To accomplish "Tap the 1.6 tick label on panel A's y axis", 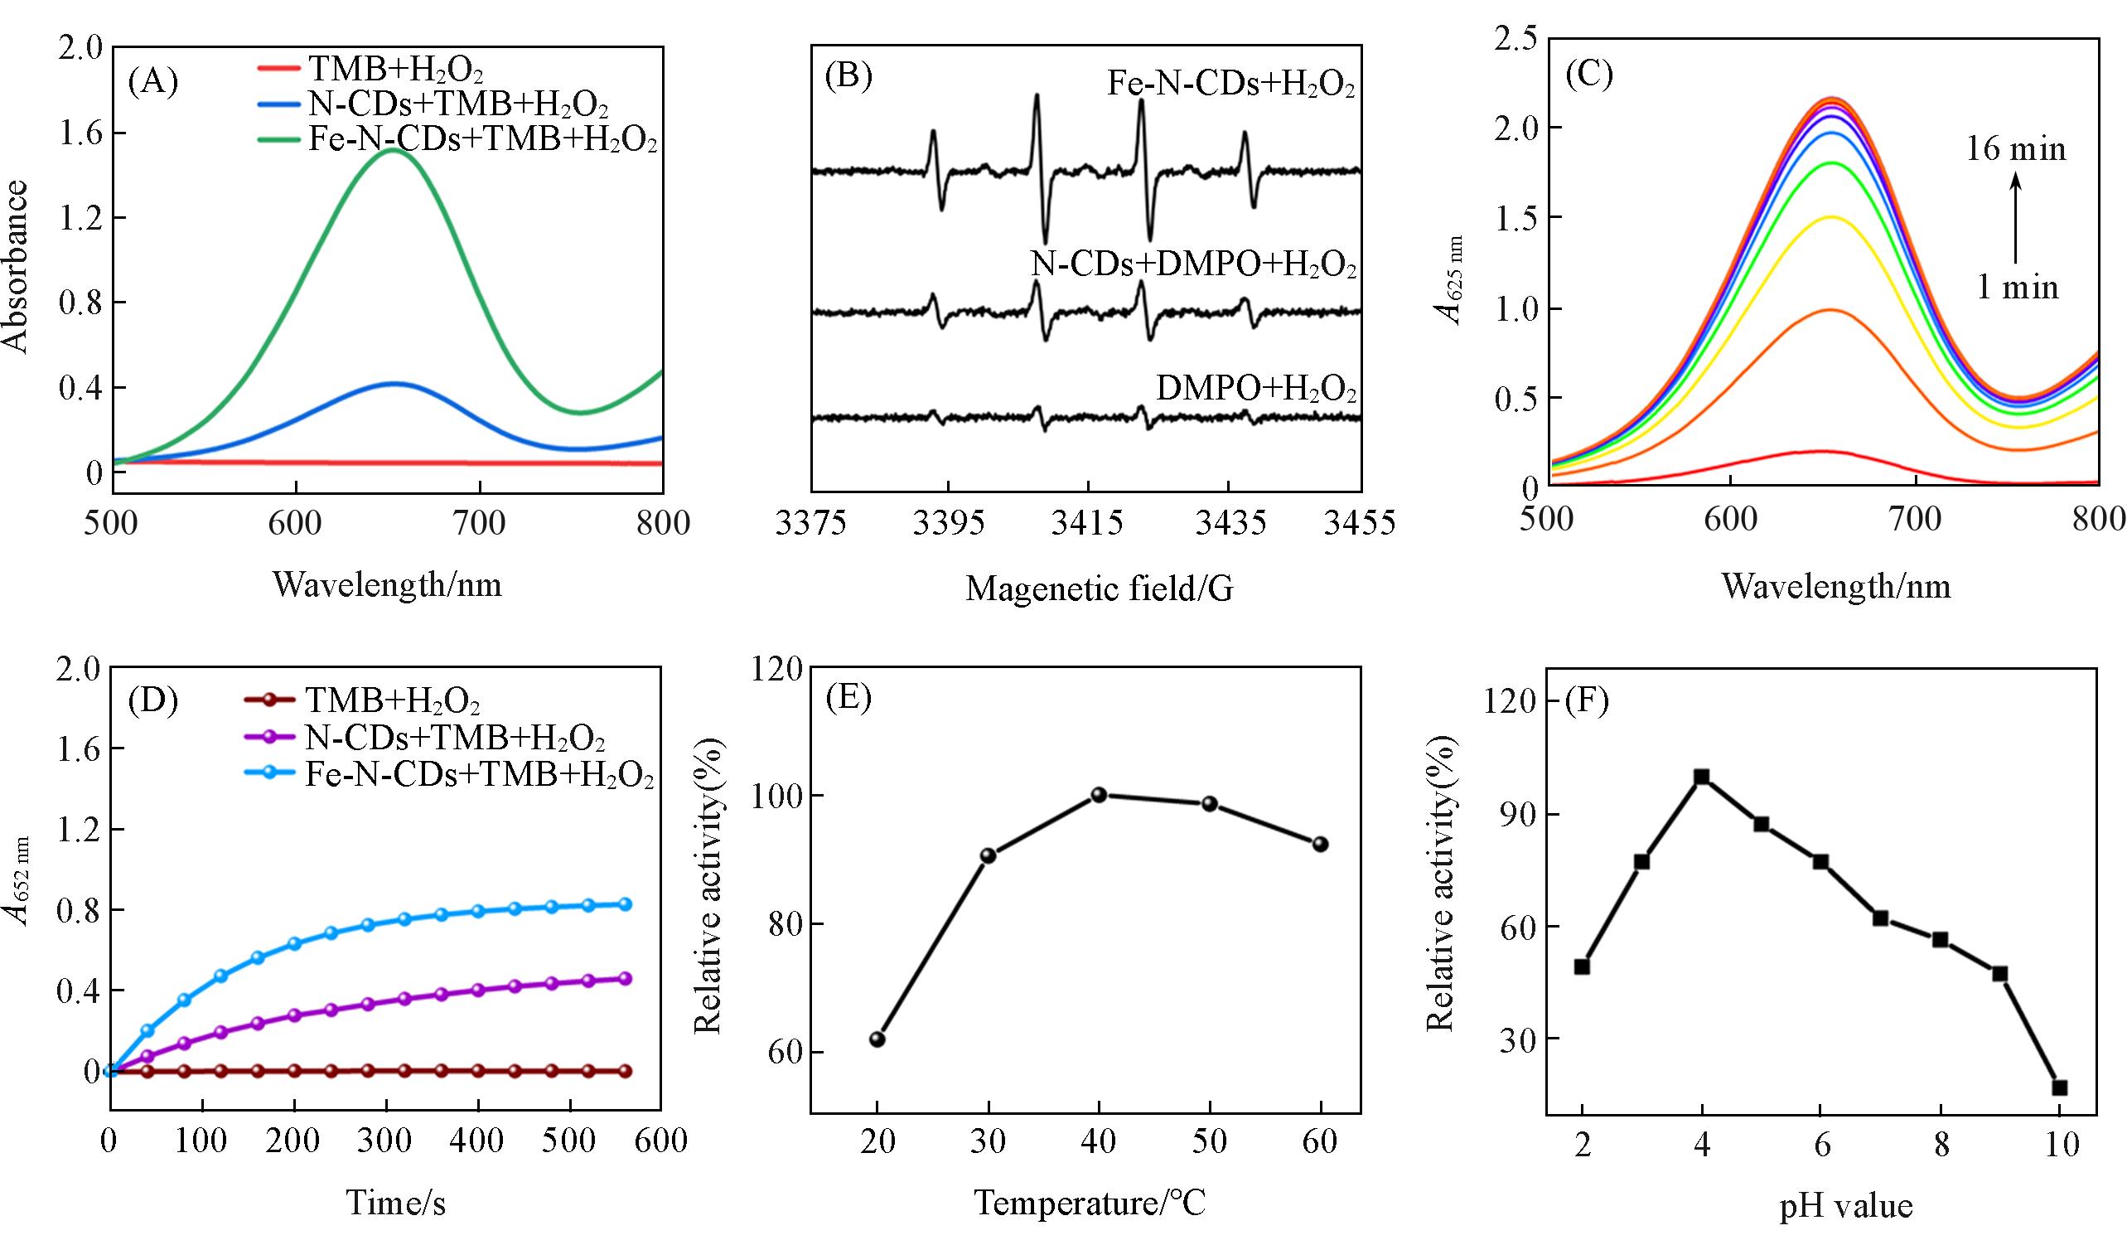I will pyautogui.click(x=81, y=133).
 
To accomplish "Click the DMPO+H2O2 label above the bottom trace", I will pyautogui.click(x=1256, y=388).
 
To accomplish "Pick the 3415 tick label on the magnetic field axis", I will pyautogui.click(x=1087, y=522).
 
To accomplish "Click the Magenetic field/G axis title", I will pyautogui.click(x=1099, y=589).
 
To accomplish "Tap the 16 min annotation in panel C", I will pyautogui.click(x=2017, y=149).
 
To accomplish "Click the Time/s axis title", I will pyautogui.click(x=395, y=1202).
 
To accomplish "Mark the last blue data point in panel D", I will pyautogui.click(x=626, y=904).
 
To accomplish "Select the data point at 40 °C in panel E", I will pyautogui.click(x=1099, y=795).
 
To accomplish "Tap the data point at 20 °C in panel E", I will pyautogui.click(x=877, y=1039).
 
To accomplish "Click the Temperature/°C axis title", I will pyautogui.click(x=1090, y=1202).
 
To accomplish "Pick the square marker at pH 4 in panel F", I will pyautogui.click(x=1702, y=777).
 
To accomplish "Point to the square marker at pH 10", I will pyautogui.click(x=2060, y=1088).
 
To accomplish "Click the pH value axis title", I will pyautogui.click(x=1845, y=1206).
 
